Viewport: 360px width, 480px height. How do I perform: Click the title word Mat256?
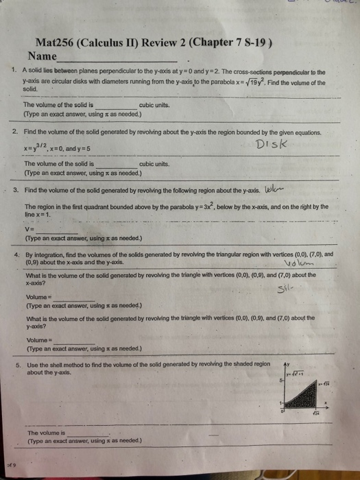click(x=53, y=43)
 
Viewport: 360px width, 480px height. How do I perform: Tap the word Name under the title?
click(x=43, y=55)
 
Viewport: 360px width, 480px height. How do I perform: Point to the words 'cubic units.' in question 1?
click(x=156, y=105)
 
